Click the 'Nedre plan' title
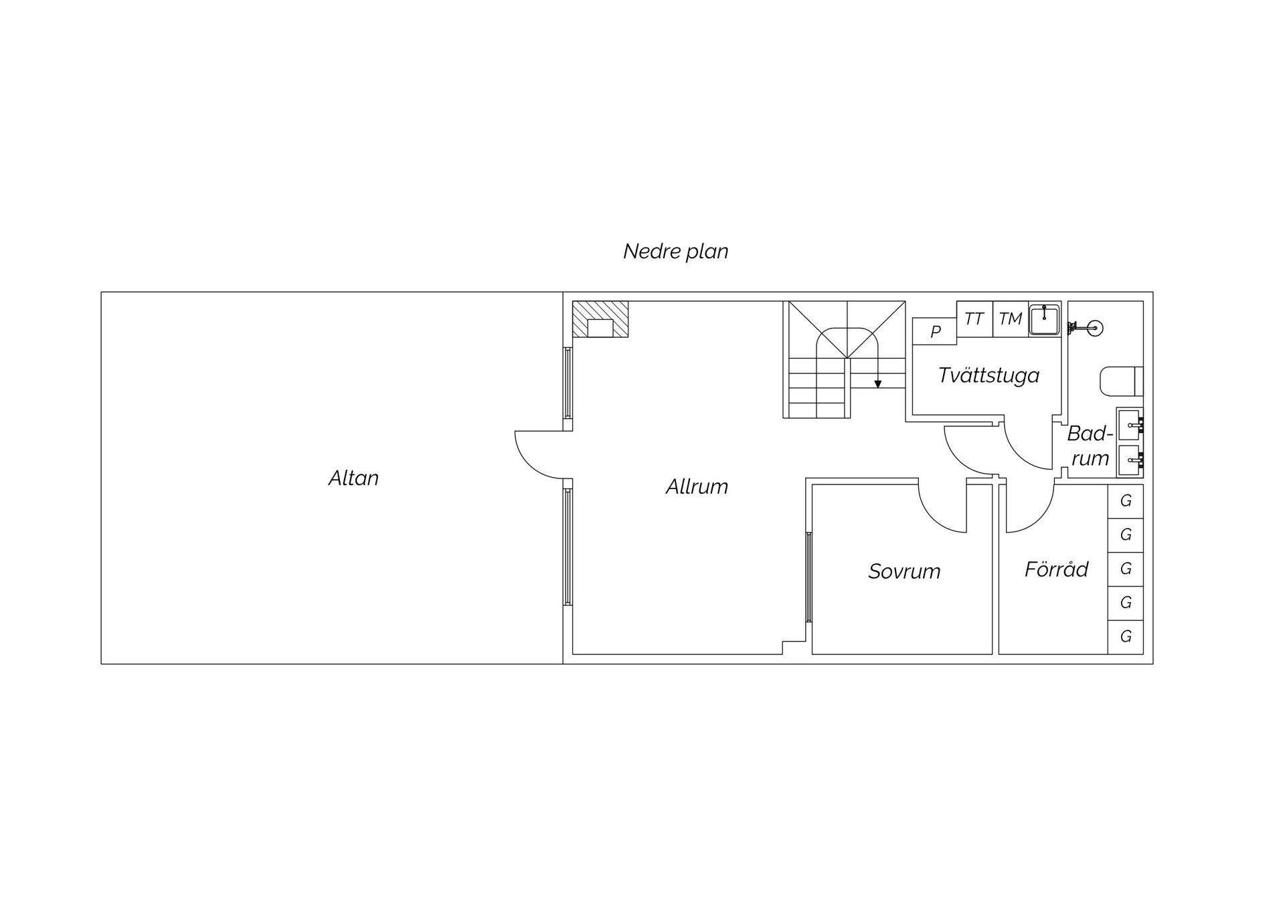675,252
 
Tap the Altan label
353,478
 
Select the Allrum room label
697,486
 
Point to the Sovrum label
904,571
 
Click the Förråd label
1056,569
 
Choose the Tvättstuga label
989,375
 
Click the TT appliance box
974,319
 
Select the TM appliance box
1011,319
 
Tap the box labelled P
935,331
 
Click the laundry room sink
1044,319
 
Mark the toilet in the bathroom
1122,381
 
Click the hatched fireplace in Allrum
600,319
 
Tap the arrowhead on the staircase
878,384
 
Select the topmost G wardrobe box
1126,501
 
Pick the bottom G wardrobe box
1126,636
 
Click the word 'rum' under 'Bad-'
1090,459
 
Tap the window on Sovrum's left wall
809,577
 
